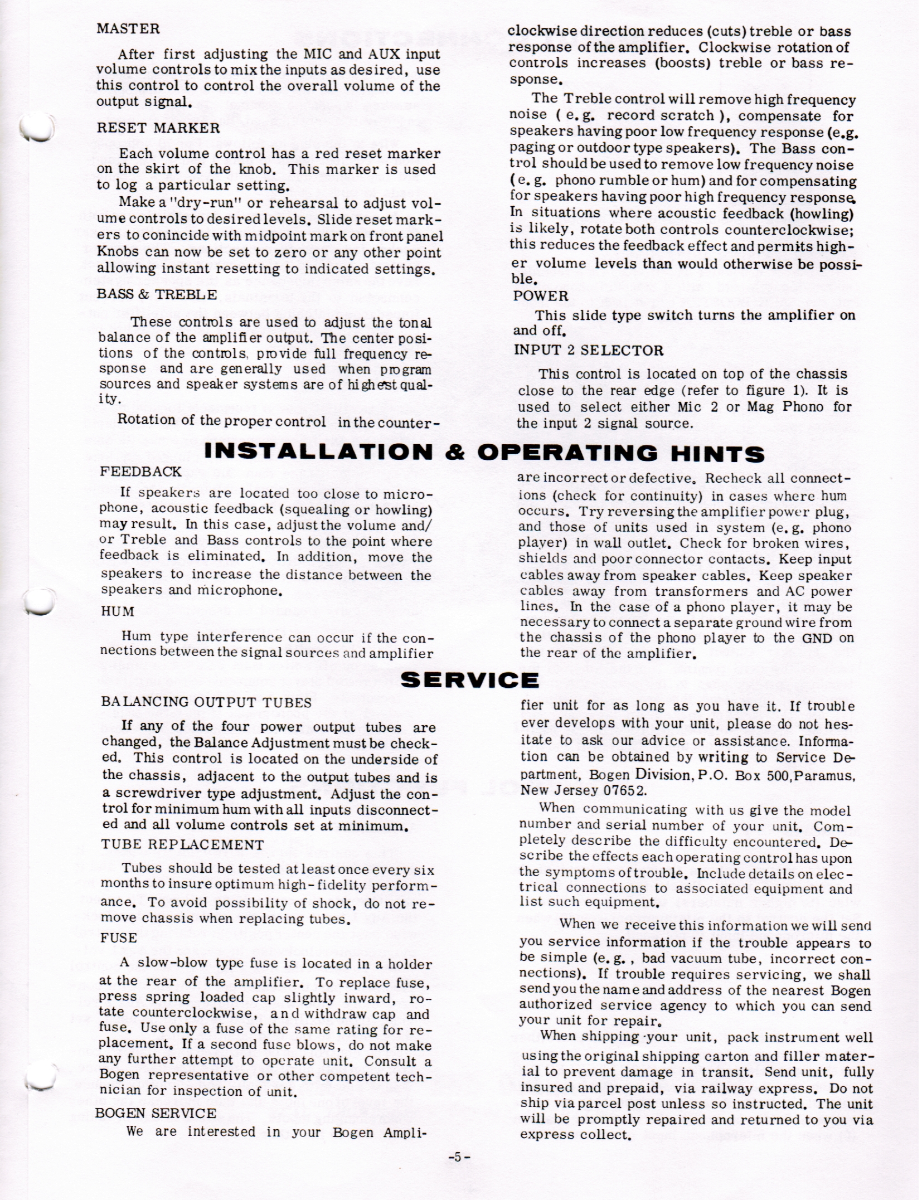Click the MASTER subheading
[x=128, y=28]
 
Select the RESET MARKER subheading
[x=158, y=128]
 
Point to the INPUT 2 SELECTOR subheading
[x=588, y=351]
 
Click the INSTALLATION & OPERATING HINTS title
[x=484, y=453]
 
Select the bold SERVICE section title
[x=469, y=680]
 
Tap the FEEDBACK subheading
[x=140, y=472]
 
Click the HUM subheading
[x=117, y=611]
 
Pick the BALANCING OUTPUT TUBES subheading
[x=206, y=702]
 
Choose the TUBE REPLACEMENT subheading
[x=182, y=844]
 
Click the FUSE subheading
[x=118, y=938]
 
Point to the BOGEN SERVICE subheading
[x=156, y=1114]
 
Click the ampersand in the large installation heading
[x=454, y=453]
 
